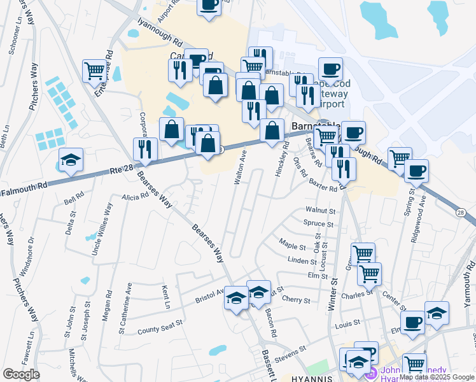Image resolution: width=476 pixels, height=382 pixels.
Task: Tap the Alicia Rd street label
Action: pos(136,197)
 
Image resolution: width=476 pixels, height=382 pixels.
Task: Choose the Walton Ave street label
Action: pos(240,168)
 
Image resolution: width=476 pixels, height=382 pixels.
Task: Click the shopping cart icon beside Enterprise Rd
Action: pos(94,70)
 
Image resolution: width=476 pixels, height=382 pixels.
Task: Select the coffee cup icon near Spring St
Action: pos(417,170)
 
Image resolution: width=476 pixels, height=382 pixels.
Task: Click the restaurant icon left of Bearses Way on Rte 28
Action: pos(146,149)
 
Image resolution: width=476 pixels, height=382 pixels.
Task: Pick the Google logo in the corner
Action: pos(21,374)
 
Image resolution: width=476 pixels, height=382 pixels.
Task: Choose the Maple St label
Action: pos(293,243)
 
